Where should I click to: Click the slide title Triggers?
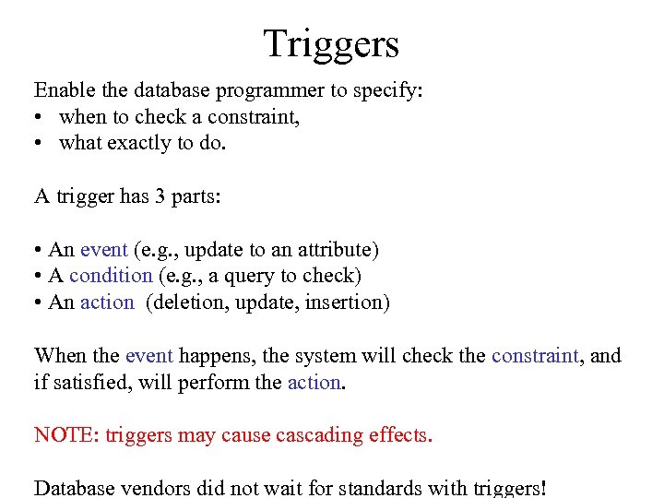[331, 42]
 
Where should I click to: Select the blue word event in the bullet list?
[104, 250]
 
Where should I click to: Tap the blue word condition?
[111, 276]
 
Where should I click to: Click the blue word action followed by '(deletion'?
[107, 302]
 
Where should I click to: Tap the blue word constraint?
[535, 356]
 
